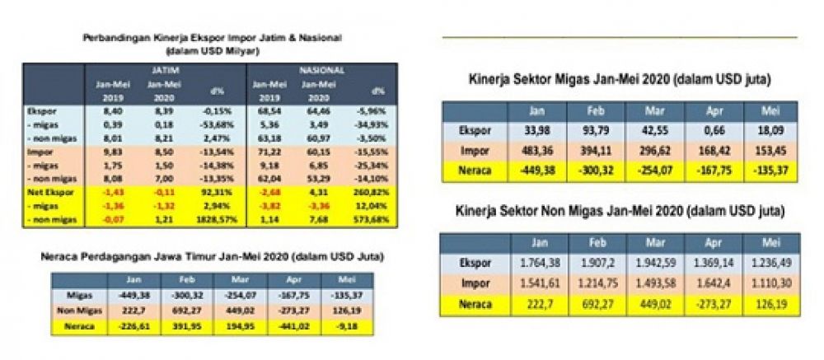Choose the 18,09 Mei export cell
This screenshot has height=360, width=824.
tap(770, 131)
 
